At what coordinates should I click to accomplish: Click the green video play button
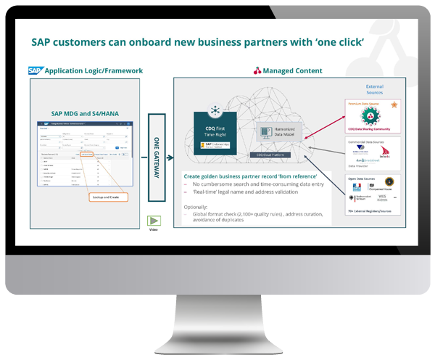pyautogui.click(x=154, y=221)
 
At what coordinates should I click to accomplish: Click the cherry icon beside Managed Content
pyautogui.click(x=257, y=71)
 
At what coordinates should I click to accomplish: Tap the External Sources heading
pyautogui.click(x=375, y=91)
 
